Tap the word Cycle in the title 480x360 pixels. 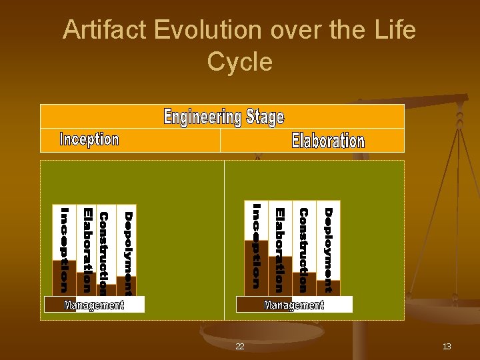(239, 62)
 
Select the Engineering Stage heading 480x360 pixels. (223, 117)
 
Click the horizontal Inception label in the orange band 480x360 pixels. (89, 139)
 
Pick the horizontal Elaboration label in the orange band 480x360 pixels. (328, 141)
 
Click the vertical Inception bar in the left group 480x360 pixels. (65, 250)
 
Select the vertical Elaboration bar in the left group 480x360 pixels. (87, 250)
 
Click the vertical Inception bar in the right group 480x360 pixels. (257, 247)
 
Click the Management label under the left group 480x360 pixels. (94, 305)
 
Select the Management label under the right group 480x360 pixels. (294, 305)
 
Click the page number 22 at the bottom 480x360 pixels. (240, 347)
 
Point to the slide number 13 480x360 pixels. (447, 347)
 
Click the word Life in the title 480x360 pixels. (396, 30)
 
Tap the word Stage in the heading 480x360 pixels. (265, 117)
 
